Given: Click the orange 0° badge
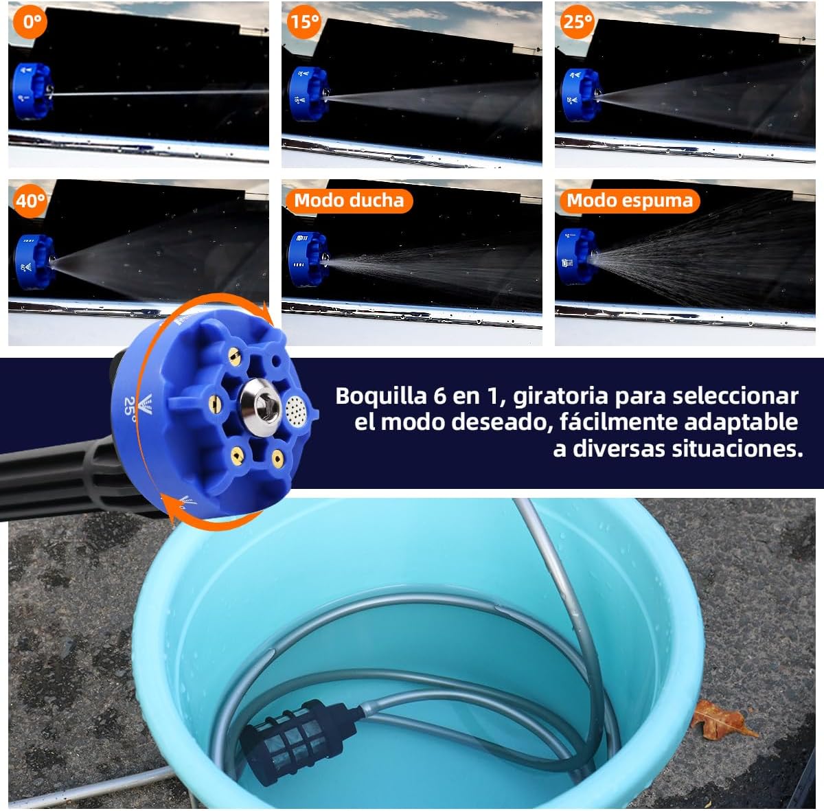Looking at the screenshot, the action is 31,21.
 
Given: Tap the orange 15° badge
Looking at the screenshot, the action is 304,21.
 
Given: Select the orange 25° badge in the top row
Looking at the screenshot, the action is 577,21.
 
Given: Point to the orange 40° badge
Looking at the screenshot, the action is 30,201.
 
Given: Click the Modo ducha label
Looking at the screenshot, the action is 349,201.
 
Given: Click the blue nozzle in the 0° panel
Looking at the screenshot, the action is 32,91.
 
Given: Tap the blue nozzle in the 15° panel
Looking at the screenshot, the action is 308,94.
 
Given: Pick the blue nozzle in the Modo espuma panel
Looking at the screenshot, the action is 576,257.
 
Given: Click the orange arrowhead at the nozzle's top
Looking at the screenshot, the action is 268,315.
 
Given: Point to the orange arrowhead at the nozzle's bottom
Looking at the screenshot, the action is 170,506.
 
